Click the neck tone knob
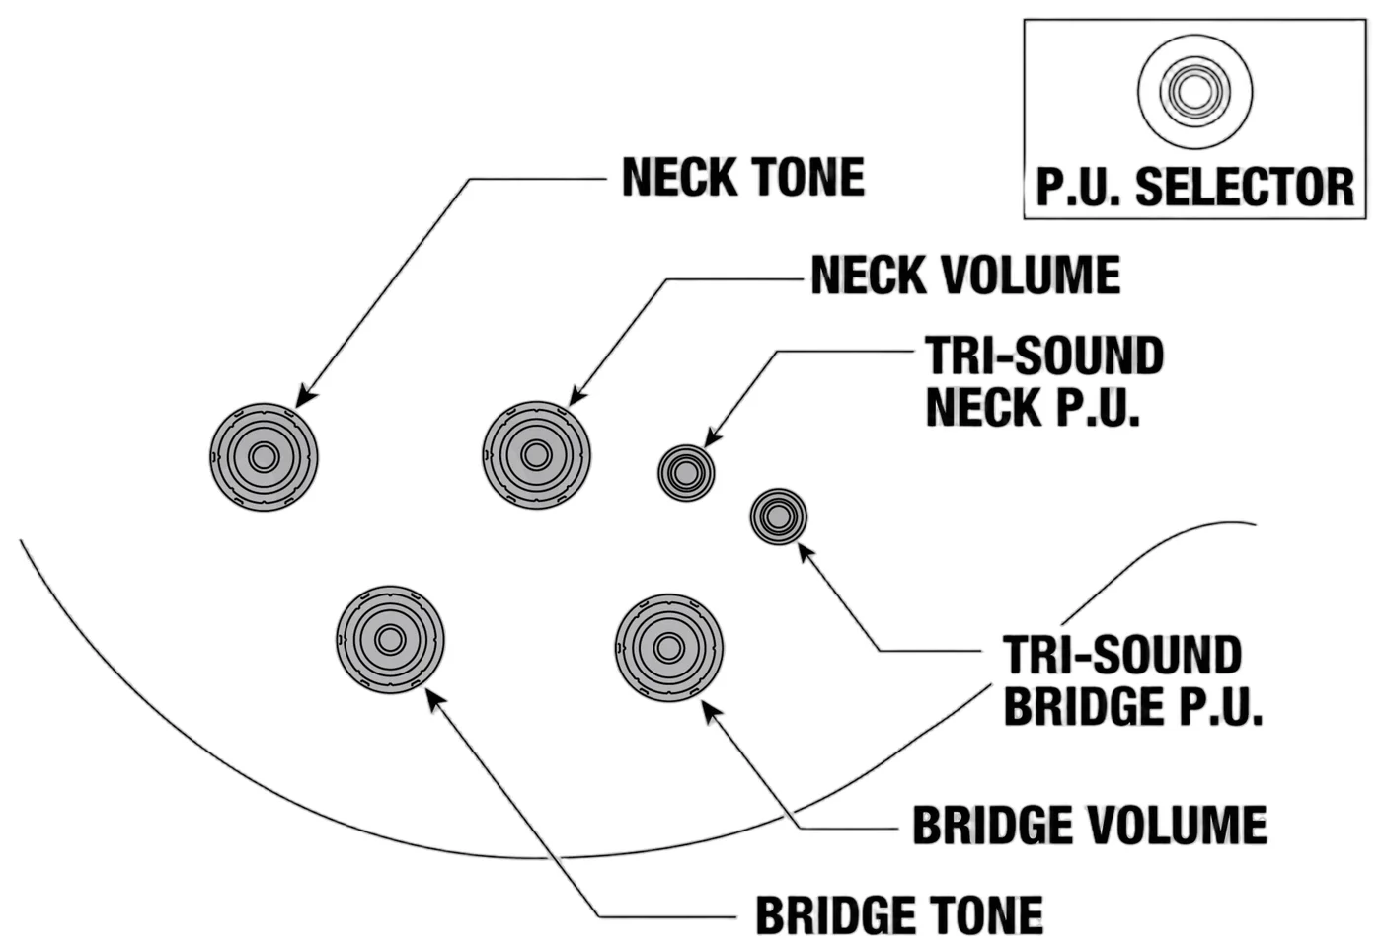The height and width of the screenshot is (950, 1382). click(265, 457)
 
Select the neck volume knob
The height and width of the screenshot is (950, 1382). click(536, 455)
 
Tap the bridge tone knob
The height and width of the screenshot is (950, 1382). click(390, 640)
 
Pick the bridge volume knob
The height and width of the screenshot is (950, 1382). click(669, 648)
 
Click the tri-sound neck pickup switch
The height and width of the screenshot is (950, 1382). click(686, 473)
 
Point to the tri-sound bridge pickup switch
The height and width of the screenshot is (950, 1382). click(779, 516)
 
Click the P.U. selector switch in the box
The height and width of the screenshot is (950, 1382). click(1195, 92)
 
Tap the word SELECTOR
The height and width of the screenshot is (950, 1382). click(1245, 187)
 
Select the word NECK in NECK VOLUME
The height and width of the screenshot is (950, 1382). click(868, 276)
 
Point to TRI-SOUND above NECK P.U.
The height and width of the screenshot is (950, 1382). click(1044, 356)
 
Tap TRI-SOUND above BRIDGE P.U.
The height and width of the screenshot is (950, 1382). click(1122, 655)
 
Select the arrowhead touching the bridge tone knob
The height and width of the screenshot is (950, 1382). click(435, 700)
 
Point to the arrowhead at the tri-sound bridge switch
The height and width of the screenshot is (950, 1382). click(807, 552)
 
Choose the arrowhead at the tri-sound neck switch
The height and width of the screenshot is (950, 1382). click(713, 437)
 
